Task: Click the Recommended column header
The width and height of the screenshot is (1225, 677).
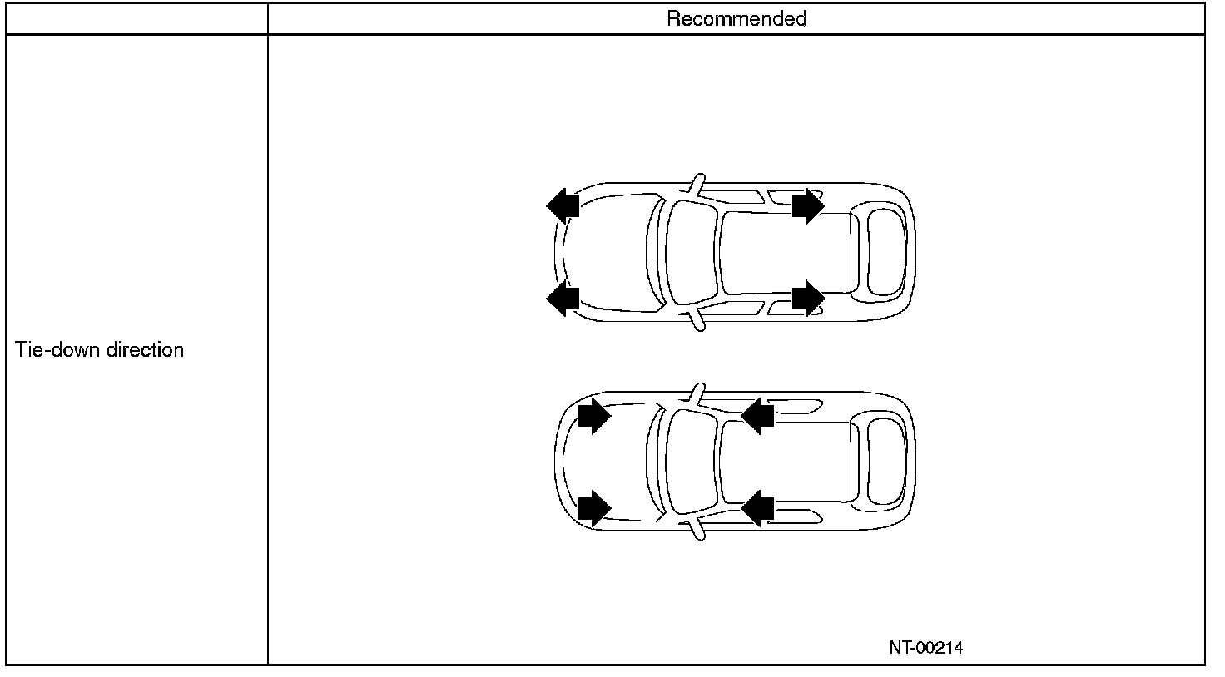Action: pyautogui.click(x=736, y=18)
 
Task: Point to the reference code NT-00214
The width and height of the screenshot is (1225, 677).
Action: pyautogui.click(x=925, y=648)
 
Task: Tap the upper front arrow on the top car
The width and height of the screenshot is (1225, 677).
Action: pyautogui.click(x=563, y=204)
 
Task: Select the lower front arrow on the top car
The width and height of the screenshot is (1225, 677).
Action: pyautogui.click(x=563, y=298)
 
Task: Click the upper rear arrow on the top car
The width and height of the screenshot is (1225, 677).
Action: pyautogui.click(x=807, y=205)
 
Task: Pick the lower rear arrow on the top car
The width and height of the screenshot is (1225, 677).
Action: pyautogui.click(x=807, y=298)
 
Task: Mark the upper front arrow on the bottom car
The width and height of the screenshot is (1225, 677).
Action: pyautogui.click(x=594, y=416)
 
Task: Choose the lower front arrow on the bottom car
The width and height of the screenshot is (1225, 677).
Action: pyautogui.click(x=594, y=507)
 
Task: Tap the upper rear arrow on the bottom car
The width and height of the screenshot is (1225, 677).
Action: pyautogui.click(x=758, y=415)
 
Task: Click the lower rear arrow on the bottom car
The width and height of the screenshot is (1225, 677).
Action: pyautogui.click(x=758, y=507)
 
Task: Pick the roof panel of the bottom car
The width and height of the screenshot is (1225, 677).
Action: pyautogui.click(x=786, y=462)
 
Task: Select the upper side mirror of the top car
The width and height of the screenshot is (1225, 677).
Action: pyautogui.click(x=697, y=185)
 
